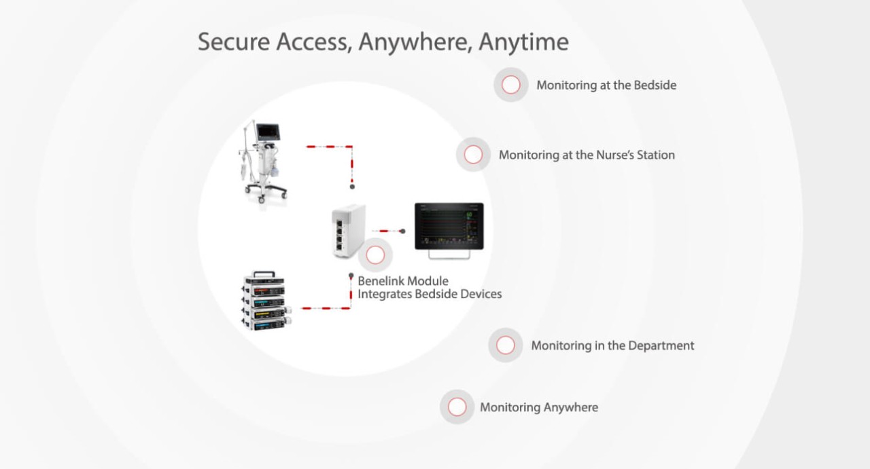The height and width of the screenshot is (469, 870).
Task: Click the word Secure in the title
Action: [234, 42]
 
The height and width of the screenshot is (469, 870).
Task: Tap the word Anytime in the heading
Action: [523, 42]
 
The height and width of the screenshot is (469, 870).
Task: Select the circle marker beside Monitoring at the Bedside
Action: [511, 85]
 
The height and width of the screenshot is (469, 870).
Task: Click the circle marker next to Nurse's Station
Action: [473, 155]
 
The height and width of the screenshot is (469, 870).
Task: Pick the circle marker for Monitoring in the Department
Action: [506, 345]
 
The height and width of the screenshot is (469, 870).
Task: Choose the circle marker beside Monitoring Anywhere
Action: [457, 407]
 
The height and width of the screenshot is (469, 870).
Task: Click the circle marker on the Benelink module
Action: [375, 255]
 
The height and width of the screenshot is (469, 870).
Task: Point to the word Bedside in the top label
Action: [655, 86]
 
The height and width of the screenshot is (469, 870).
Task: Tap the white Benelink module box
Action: [347, 231]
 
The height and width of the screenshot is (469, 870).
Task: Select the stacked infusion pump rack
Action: [266, 301]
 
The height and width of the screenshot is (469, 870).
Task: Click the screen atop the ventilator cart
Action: [267, 131]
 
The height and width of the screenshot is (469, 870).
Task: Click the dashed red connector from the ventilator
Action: [330, 146]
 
